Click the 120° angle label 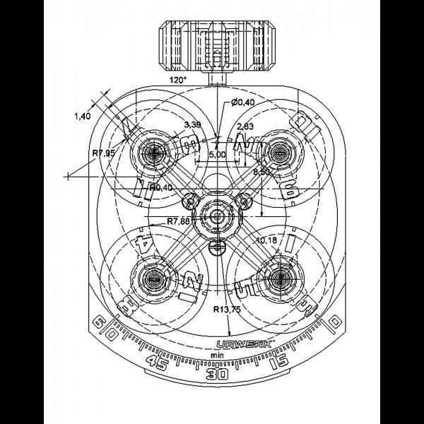(179, 81)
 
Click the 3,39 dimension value (191, 125)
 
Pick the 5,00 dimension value (216, 153)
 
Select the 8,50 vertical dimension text (264, 172)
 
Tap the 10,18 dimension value (267, 241)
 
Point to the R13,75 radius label (228, 310)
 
